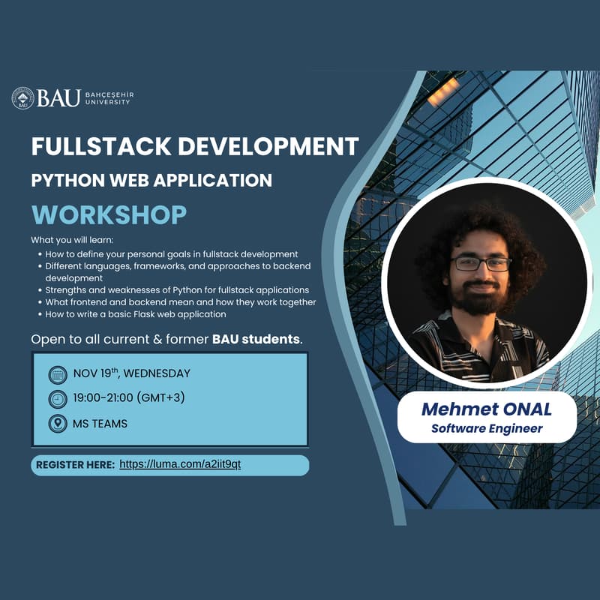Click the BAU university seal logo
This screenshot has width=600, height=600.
[22, 97]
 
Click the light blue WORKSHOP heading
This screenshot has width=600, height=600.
[109, 214]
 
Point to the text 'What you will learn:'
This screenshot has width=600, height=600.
[72, 240]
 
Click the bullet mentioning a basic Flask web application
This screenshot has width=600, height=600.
[135, 314]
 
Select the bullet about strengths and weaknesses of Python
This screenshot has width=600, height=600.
[177, 290]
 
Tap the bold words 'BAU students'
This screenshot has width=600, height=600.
[256, 339]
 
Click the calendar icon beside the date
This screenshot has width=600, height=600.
[57, 374]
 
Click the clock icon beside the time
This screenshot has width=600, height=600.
[57, 398]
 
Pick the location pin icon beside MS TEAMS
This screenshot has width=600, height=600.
[57, 423]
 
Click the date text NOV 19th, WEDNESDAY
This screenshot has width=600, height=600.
[131, 373]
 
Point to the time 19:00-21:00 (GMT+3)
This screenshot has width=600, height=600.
[128, 397]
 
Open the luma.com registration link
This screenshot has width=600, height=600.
[180, 465]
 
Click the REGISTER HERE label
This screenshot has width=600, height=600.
[75, 465]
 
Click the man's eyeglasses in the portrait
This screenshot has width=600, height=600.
[481, 263]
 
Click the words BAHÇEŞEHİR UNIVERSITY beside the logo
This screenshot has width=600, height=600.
[109, 98]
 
